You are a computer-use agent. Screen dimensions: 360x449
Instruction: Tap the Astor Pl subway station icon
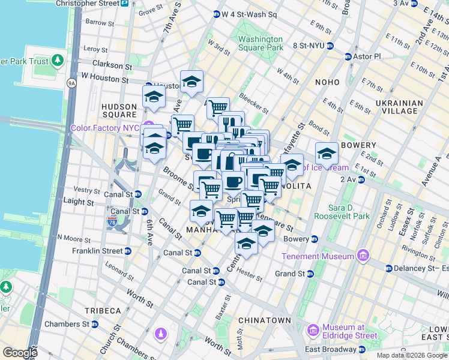pos(348,56)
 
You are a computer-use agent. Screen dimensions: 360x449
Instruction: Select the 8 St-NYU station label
pos(314,46)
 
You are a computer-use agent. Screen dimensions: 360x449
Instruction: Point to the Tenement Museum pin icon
pos(363,257)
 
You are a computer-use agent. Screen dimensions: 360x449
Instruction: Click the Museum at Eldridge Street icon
pos(312,331)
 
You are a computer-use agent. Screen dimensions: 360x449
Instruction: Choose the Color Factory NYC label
pos(105,128)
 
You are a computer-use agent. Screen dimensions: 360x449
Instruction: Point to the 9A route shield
pos(72,83)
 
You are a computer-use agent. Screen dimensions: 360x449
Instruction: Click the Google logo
pos(20,353)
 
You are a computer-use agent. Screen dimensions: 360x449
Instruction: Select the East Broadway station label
pos(330,350)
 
